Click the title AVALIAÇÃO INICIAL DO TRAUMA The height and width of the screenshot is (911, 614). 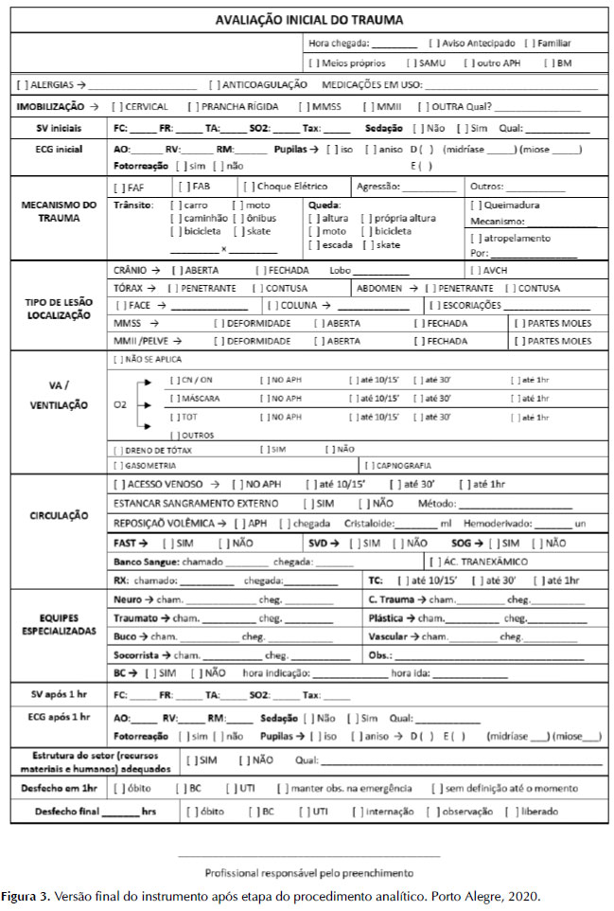(308, 20)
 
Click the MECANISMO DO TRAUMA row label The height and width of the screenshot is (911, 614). (60, 211)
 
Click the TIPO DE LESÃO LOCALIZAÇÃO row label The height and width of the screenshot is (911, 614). (60, 307)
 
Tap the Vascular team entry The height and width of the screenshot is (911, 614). (392, 636)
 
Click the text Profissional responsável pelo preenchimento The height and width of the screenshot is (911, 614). (308, 872)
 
